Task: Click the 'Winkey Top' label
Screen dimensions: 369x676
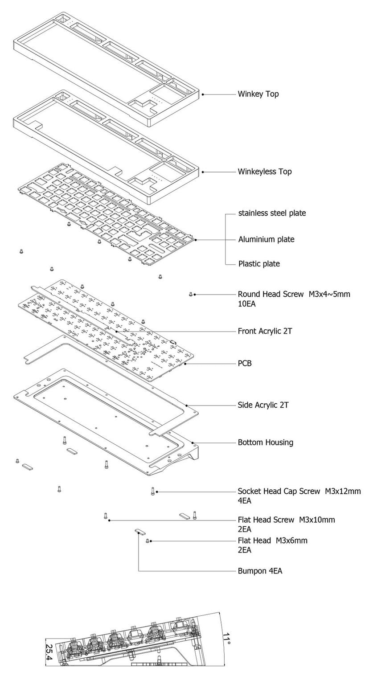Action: pyautogui.click(x=258, y=94)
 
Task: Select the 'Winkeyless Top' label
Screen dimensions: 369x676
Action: pyautogui.click(x=265, y=172)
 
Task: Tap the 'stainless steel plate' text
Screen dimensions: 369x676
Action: pyautogui.click(x=272, y=213)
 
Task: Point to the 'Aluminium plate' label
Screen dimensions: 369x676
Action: pyautogui.click(x=266, y=239)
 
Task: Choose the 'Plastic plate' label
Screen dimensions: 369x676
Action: pyautogui.click(x=259, y=264)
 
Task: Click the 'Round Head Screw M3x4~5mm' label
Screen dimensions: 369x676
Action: pyautogui.click(x=294, y=294)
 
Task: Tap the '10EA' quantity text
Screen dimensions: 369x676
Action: pyautogui.click(x=246, y=303)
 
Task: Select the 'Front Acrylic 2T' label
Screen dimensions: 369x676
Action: pyautogui.click(x=265, y=331)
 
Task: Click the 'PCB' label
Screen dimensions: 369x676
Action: pyautogui.click(x=244, y=363)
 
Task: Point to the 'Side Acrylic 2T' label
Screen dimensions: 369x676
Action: pyautogui.click(x=263, y=405)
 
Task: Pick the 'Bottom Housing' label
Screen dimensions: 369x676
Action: pyautogui.click(x=266, y=442)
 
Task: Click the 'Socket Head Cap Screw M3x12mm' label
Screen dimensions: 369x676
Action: pyautogui.click(x=299, y=492)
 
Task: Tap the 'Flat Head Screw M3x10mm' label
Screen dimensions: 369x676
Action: pyautogui.click(x=286, y=520)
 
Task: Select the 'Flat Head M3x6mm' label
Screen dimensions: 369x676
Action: pyautogui.click(x=272, y=541)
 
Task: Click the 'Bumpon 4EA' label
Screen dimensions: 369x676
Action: pyautogui.click(x=260, y=571)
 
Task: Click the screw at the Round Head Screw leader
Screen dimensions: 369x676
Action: pyautogui.click(x=191, y=294)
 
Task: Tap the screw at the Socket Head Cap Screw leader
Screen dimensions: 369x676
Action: pyautogui.click(x=153, y=492)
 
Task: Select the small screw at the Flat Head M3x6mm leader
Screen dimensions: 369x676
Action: pyautogui.click(x=147, y=541)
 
